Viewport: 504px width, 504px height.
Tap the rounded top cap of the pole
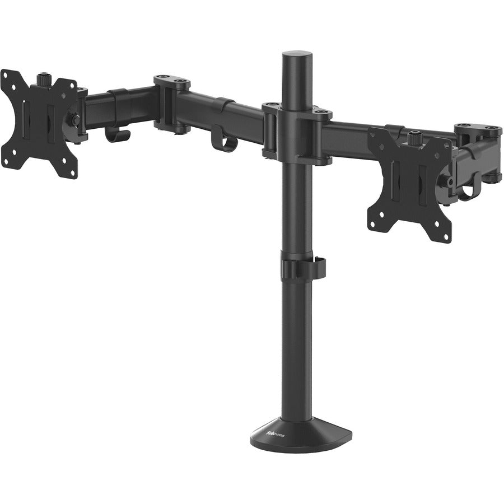300,57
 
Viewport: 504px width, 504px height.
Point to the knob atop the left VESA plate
44,78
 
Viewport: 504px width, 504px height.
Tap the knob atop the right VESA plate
414,136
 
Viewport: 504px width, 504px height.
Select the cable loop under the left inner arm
223,142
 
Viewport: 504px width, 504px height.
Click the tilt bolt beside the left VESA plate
73,119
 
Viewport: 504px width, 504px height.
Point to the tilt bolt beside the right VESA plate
446,180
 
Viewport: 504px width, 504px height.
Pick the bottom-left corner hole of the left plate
7,159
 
